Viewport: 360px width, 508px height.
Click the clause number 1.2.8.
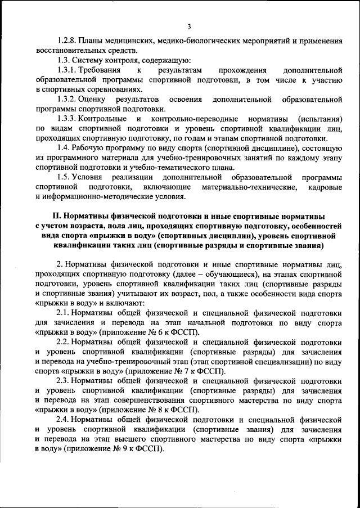[x=67, y=41]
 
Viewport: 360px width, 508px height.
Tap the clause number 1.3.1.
[x=67, y=70]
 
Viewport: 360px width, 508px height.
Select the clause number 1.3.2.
[x=67, y=100]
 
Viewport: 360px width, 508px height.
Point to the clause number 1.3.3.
[x=67, y=119]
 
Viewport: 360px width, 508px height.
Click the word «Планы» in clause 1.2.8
[x=91, y=41]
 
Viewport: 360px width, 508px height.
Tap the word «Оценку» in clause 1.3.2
[x=94, y=100]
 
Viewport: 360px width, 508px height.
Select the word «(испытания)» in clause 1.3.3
[x=321, y=119]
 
